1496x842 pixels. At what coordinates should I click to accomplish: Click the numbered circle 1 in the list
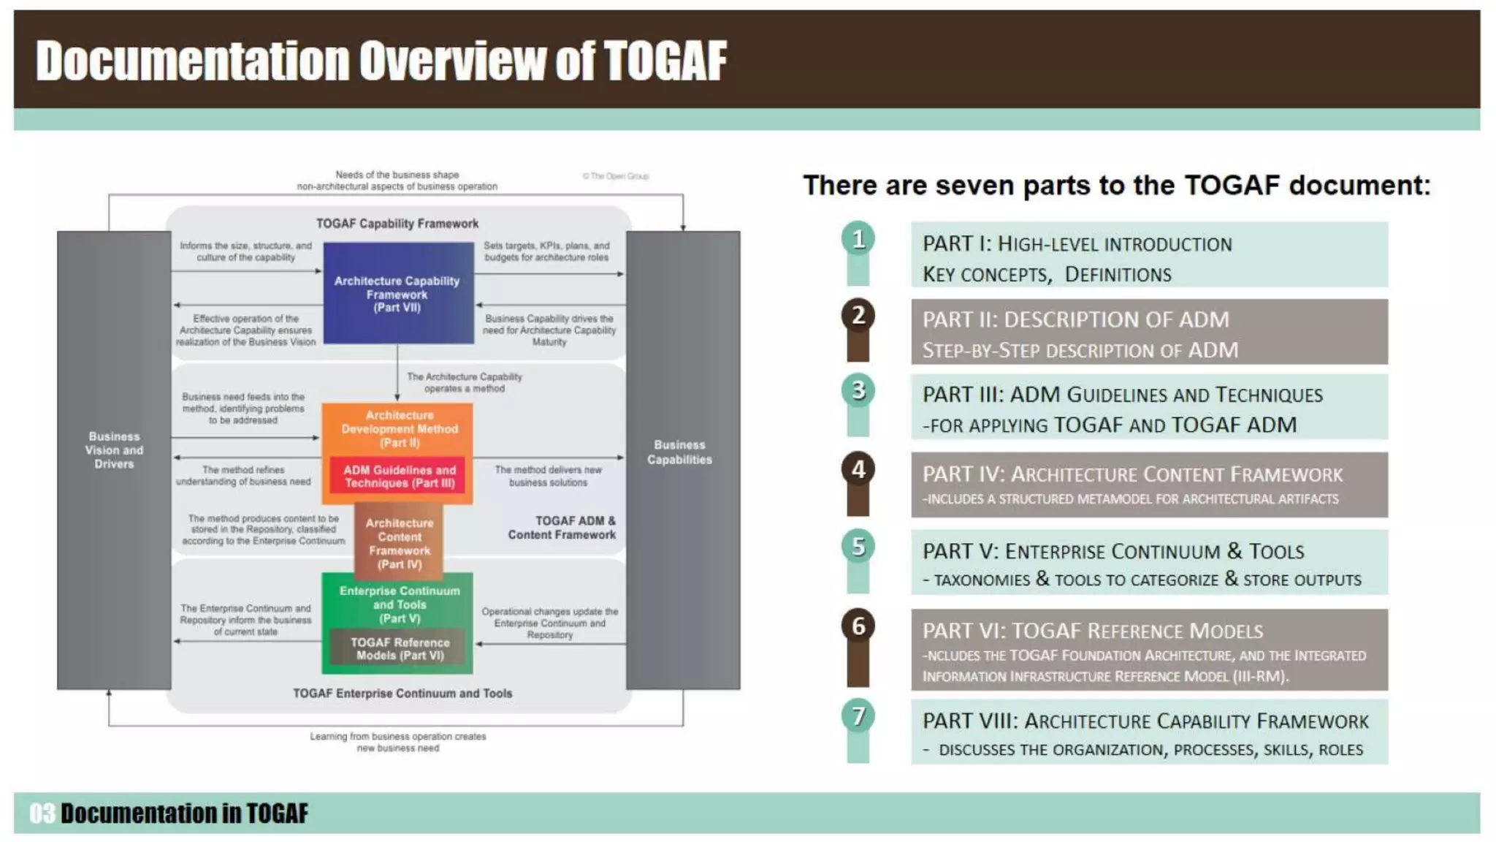coord(858,238)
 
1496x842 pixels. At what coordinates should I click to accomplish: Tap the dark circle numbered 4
coord(858,469)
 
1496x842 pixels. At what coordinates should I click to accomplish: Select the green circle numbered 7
coord(858,716)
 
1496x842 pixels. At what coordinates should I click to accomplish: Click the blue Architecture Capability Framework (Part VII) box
coord(397,293)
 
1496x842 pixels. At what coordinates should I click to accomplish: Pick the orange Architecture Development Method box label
coord(399,428)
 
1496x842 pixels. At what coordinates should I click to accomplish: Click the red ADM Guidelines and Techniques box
coord(399,477)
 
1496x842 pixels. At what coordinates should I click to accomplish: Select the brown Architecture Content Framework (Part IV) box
coord(399,543)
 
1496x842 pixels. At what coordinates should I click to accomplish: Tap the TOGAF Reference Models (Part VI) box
coord(399,648)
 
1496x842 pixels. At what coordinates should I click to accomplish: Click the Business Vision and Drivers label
coord(114,450)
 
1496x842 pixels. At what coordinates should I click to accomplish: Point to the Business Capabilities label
coord(679,452)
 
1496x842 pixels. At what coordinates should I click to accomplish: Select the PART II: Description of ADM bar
coord(1149,332)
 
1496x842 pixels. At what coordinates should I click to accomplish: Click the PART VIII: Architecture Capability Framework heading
coord(1145,721)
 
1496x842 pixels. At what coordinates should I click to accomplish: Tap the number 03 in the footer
coord(42,813)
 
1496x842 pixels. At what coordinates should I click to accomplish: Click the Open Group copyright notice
coord(616,176)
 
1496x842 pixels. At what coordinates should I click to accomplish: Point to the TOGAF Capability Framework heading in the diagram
coord(397,224)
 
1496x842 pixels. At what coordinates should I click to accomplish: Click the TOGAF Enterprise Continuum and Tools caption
coord(402,693)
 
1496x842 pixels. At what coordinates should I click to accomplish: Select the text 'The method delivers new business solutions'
coord(548,476)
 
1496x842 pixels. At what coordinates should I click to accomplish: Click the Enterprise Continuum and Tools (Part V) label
coord(399,604)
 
